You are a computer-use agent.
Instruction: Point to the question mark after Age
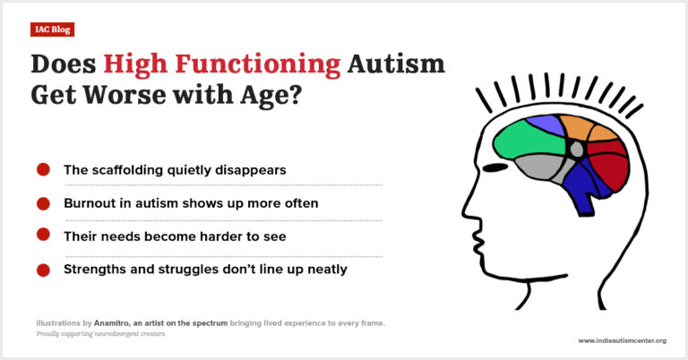click(293, 96)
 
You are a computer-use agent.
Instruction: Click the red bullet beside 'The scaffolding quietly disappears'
click(43, 169)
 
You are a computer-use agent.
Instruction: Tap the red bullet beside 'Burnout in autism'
click(43, 203)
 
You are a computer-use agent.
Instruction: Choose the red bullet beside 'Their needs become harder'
click(43, 235)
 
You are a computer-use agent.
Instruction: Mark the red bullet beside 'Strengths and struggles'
click(43, 269)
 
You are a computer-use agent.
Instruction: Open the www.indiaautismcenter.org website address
click(622, 340)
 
